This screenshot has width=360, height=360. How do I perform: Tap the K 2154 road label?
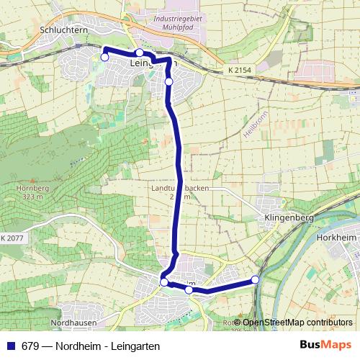240,69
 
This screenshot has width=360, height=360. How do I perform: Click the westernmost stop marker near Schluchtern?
104,57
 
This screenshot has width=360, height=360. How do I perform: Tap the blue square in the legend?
10,346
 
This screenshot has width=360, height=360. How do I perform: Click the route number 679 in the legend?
31,346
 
